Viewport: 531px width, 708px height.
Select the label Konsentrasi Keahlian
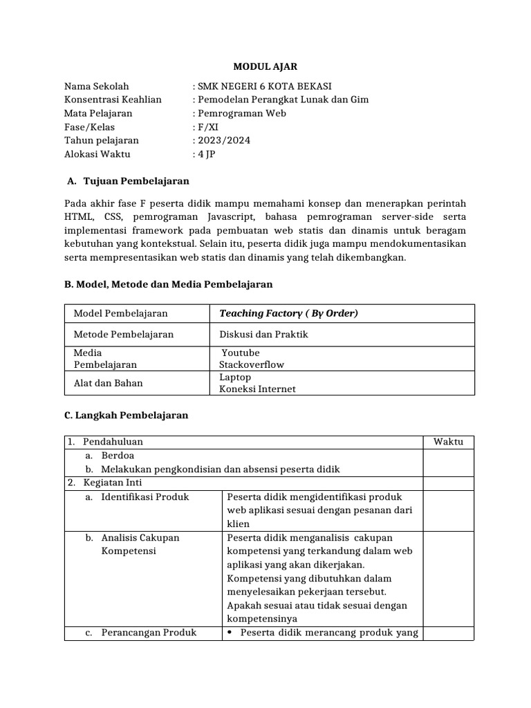coord(112,100)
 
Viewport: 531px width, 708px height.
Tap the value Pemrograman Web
coord(241,113)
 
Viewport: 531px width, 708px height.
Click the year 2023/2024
coord(223,140)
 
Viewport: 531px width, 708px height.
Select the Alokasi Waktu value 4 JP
coord(207,154)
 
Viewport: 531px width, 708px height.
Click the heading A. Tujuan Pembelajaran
coord(128,181)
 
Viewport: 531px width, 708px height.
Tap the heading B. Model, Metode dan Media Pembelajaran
coord(168,284)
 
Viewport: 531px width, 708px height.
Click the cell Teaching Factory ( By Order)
coord(288,313)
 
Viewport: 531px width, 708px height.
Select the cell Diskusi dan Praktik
coord(263,335)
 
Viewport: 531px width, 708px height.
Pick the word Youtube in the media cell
coord(241,353)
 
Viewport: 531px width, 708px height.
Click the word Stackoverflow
coord(252,364)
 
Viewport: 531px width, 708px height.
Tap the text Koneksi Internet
coord(257,389)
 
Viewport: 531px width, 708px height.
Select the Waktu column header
coord(448,442)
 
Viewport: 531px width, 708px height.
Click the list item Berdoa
coord(118,456)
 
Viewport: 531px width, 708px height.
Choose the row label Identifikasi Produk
coord(145,496)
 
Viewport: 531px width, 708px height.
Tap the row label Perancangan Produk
coord(148,632)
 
